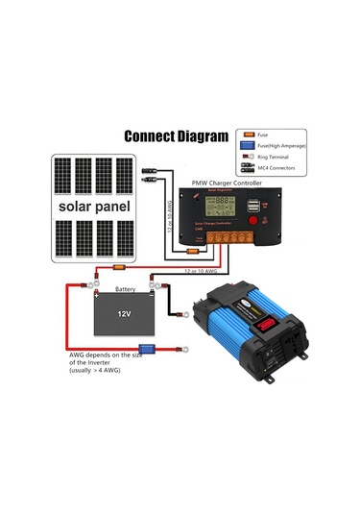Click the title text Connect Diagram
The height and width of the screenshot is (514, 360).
pyautogui.click(x=177, y=135)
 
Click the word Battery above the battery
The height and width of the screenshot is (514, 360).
pyautogui.click(x=125, y=288)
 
